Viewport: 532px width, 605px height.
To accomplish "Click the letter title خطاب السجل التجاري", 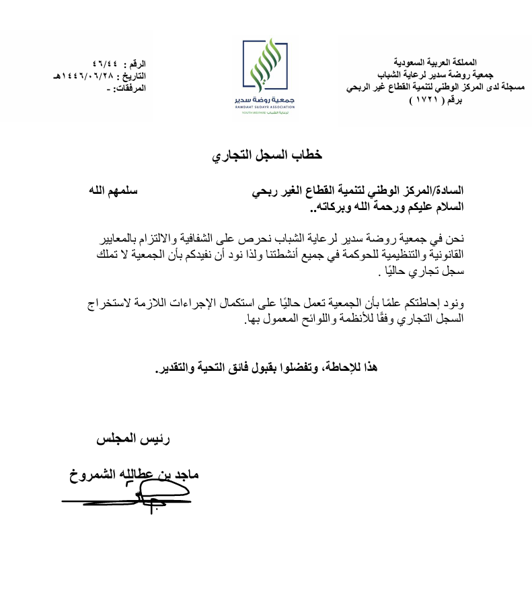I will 267,155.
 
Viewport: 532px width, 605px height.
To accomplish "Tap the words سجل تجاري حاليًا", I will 423,273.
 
